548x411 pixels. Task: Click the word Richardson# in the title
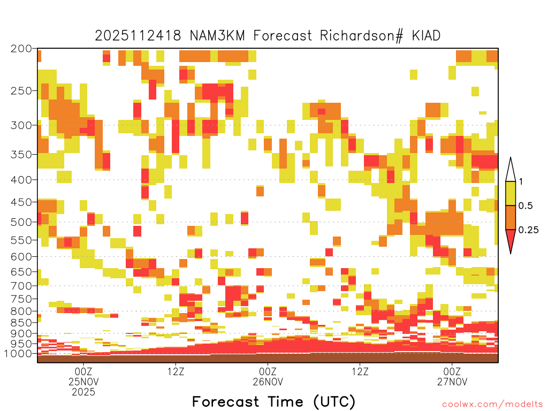[361, 36]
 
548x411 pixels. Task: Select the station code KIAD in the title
[426, 36]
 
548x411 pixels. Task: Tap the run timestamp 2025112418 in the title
[138, 36]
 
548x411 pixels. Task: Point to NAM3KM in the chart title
[217, 36]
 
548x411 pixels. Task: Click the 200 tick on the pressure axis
[21, 49]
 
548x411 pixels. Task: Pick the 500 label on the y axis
[21, 222]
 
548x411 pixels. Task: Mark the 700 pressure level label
[21, 286]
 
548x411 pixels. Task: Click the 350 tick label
[21, 155]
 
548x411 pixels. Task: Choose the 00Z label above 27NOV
[452, 371]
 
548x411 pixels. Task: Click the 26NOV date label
[268, 382]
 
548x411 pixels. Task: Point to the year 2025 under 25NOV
[83, 392]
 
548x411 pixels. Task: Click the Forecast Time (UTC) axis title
[273, 402]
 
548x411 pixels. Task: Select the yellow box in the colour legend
[511, 193]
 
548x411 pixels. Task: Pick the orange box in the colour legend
[511, 218]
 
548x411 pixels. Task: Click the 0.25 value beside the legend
[528, 230]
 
